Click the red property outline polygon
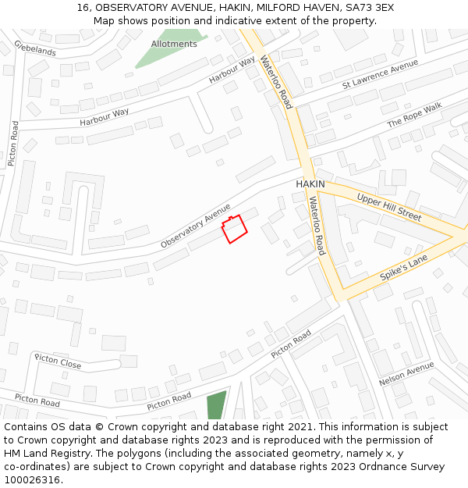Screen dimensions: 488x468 (x=234, y=229)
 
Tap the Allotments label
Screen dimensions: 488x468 (x=174, y=45)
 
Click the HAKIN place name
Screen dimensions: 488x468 (x=310, y=184)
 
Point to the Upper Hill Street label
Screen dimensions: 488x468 (x=388, y=206)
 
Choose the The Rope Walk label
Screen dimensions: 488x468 (x=414, y=115)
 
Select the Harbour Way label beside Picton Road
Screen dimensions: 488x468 (x=104, y=117)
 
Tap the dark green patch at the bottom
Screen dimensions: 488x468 (x=216, y=405)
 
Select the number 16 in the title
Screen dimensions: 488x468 (x=82, y=7)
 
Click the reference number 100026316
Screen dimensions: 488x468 (x=33, y=479)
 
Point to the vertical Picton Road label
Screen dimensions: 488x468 (x=13, y=144)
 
